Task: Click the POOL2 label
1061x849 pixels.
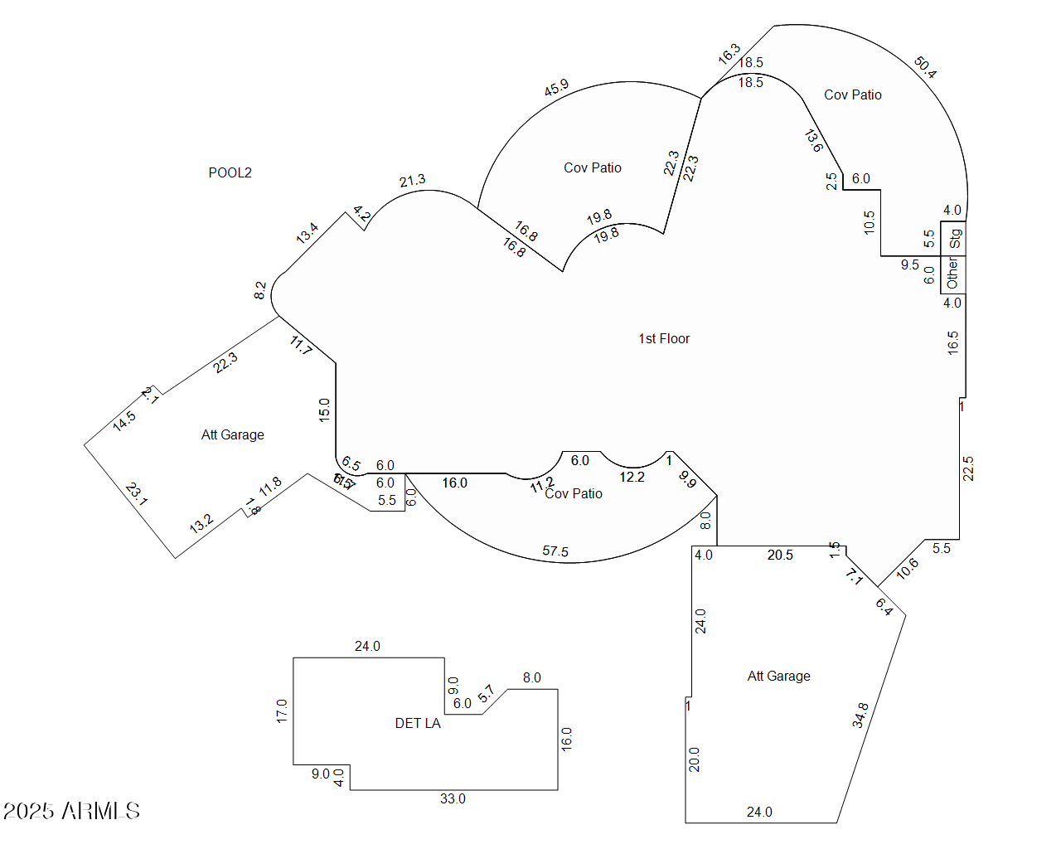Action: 230,172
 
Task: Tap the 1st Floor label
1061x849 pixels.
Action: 663,338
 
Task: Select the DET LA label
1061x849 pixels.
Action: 418,723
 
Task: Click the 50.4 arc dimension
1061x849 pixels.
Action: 925,67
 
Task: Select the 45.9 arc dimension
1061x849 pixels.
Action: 556,87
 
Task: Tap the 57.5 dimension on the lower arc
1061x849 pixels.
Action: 555,551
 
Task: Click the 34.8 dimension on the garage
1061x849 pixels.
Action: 860,715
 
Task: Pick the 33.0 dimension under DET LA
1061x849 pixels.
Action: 453,798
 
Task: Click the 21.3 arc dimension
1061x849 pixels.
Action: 412,180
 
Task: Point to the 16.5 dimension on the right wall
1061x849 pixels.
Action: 953,342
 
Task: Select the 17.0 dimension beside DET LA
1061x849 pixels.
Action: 282,711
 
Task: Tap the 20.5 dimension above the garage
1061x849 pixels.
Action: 780,555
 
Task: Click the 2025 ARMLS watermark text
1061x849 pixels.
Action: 71,811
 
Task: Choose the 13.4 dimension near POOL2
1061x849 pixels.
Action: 307,233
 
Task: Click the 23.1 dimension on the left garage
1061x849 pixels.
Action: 137,494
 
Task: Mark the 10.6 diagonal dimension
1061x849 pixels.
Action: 908,568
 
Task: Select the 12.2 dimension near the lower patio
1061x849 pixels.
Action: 632,477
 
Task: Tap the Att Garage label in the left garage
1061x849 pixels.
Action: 233,434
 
